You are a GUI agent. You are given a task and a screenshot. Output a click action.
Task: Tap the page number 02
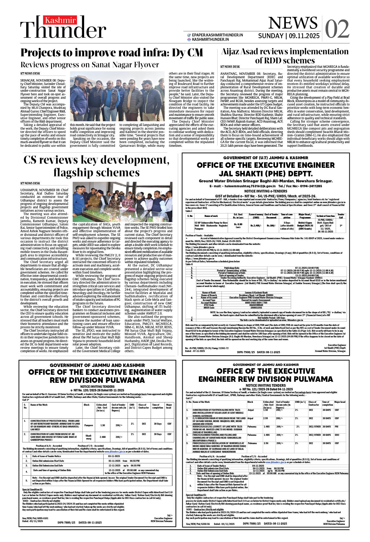coord(337,29)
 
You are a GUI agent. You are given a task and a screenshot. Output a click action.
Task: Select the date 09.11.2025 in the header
coord(304,36)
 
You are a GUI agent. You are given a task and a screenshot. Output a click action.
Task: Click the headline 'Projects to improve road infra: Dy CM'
coord(112,53)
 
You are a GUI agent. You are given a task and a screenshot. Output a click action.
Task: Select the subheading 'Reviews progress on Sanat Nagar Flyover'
coord(90,65)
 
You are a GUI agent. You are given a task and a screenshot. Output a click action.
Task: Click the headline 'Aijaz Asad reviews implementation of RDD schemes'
coord(285,56)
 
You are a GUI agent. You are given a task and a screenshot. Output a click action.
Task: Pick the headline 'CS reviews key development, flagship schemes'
coord(96,166)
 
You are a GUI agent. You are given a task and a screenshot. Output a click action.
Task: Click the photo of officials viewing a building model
coord(122,202)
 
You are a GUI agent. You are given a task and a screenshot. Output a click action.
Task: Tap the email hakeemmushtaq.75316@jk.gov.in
coord(250,186)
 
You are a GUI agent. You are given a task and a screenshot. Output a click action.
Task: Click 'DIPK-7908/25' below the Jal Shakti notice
coord(246,352)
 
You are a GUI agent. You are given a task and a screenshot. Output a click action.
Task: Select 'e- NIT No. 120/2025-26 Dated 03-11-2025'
coord(97,390)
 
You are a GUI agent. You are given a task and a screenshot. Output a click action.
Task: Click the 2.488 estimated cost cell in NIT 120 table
coord(103,437)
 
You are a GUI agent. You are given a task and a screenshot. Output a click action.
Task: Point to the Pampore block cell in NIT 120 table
coord(89,425)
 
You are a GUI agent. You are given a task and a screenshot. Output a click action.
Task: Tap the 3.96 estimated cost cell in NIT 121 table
coord(266,443)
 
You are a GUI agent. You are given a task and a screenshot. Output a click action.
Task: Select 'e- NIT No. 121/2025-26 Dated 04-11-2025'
coord(266,389)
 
